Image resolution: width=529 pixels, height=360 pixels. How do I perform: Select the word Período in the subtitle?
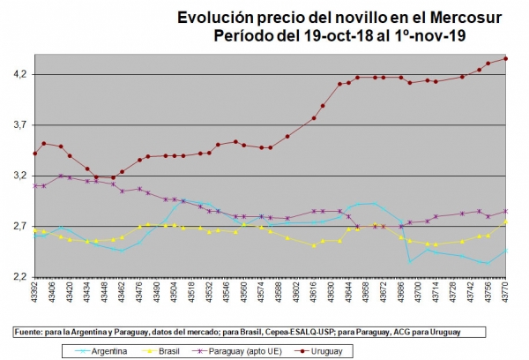245,35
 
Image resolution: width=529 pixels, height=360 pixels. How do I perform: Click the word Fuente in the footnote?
29,332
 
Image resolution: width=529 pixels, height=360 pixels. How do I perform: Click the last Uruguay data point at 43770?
505,58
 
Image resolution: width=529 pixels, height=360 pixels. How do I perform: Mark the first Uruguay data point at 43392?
34,153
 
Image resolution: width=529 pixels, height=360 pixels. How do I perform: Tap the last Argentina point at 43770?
505,251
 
